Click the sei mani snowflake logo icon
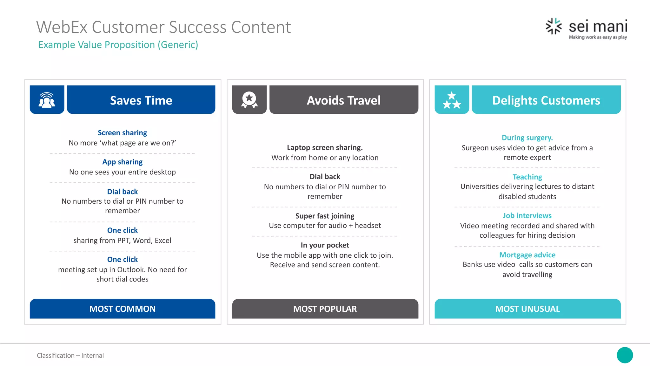554,26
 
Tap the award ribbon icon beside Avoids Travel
249,100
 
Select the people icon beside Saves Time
47,100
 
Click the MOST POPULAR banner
325,308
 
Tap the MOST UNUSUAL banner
527,308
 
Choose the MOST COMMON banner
123,308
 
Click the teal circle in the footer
625,355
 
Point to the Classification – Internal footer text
70,355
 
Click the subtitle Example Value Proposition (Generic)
118,45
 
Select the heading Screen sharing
122,132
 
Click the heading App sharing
122,162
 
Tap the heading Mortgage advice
527,255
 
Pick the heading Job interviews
527,215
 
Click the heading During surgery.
527,138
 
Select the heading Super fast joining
325,216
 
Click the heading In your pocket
325,245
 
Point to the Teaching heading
527,177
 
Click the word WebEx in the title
62,27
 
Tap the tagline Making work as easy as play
598,37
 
